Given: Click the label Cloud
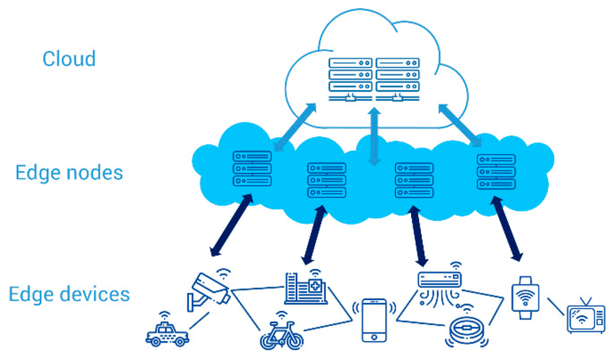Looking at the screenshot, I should [69, 58].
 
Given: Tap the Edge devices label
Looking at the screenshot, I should [69, 294].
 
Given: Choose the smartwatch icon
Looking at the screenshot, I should [525, 297].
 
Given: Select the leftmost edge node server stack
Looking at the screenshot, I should [252, 169].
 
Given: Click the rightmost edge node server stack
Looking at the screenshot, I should [496, 172].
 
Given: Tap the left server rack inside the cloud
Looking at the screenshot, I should [350, 77].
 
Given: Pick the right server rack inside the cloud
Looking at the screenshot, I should [397, 77].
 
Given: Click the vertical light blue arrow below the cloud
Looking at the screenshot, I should [374, 137].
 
